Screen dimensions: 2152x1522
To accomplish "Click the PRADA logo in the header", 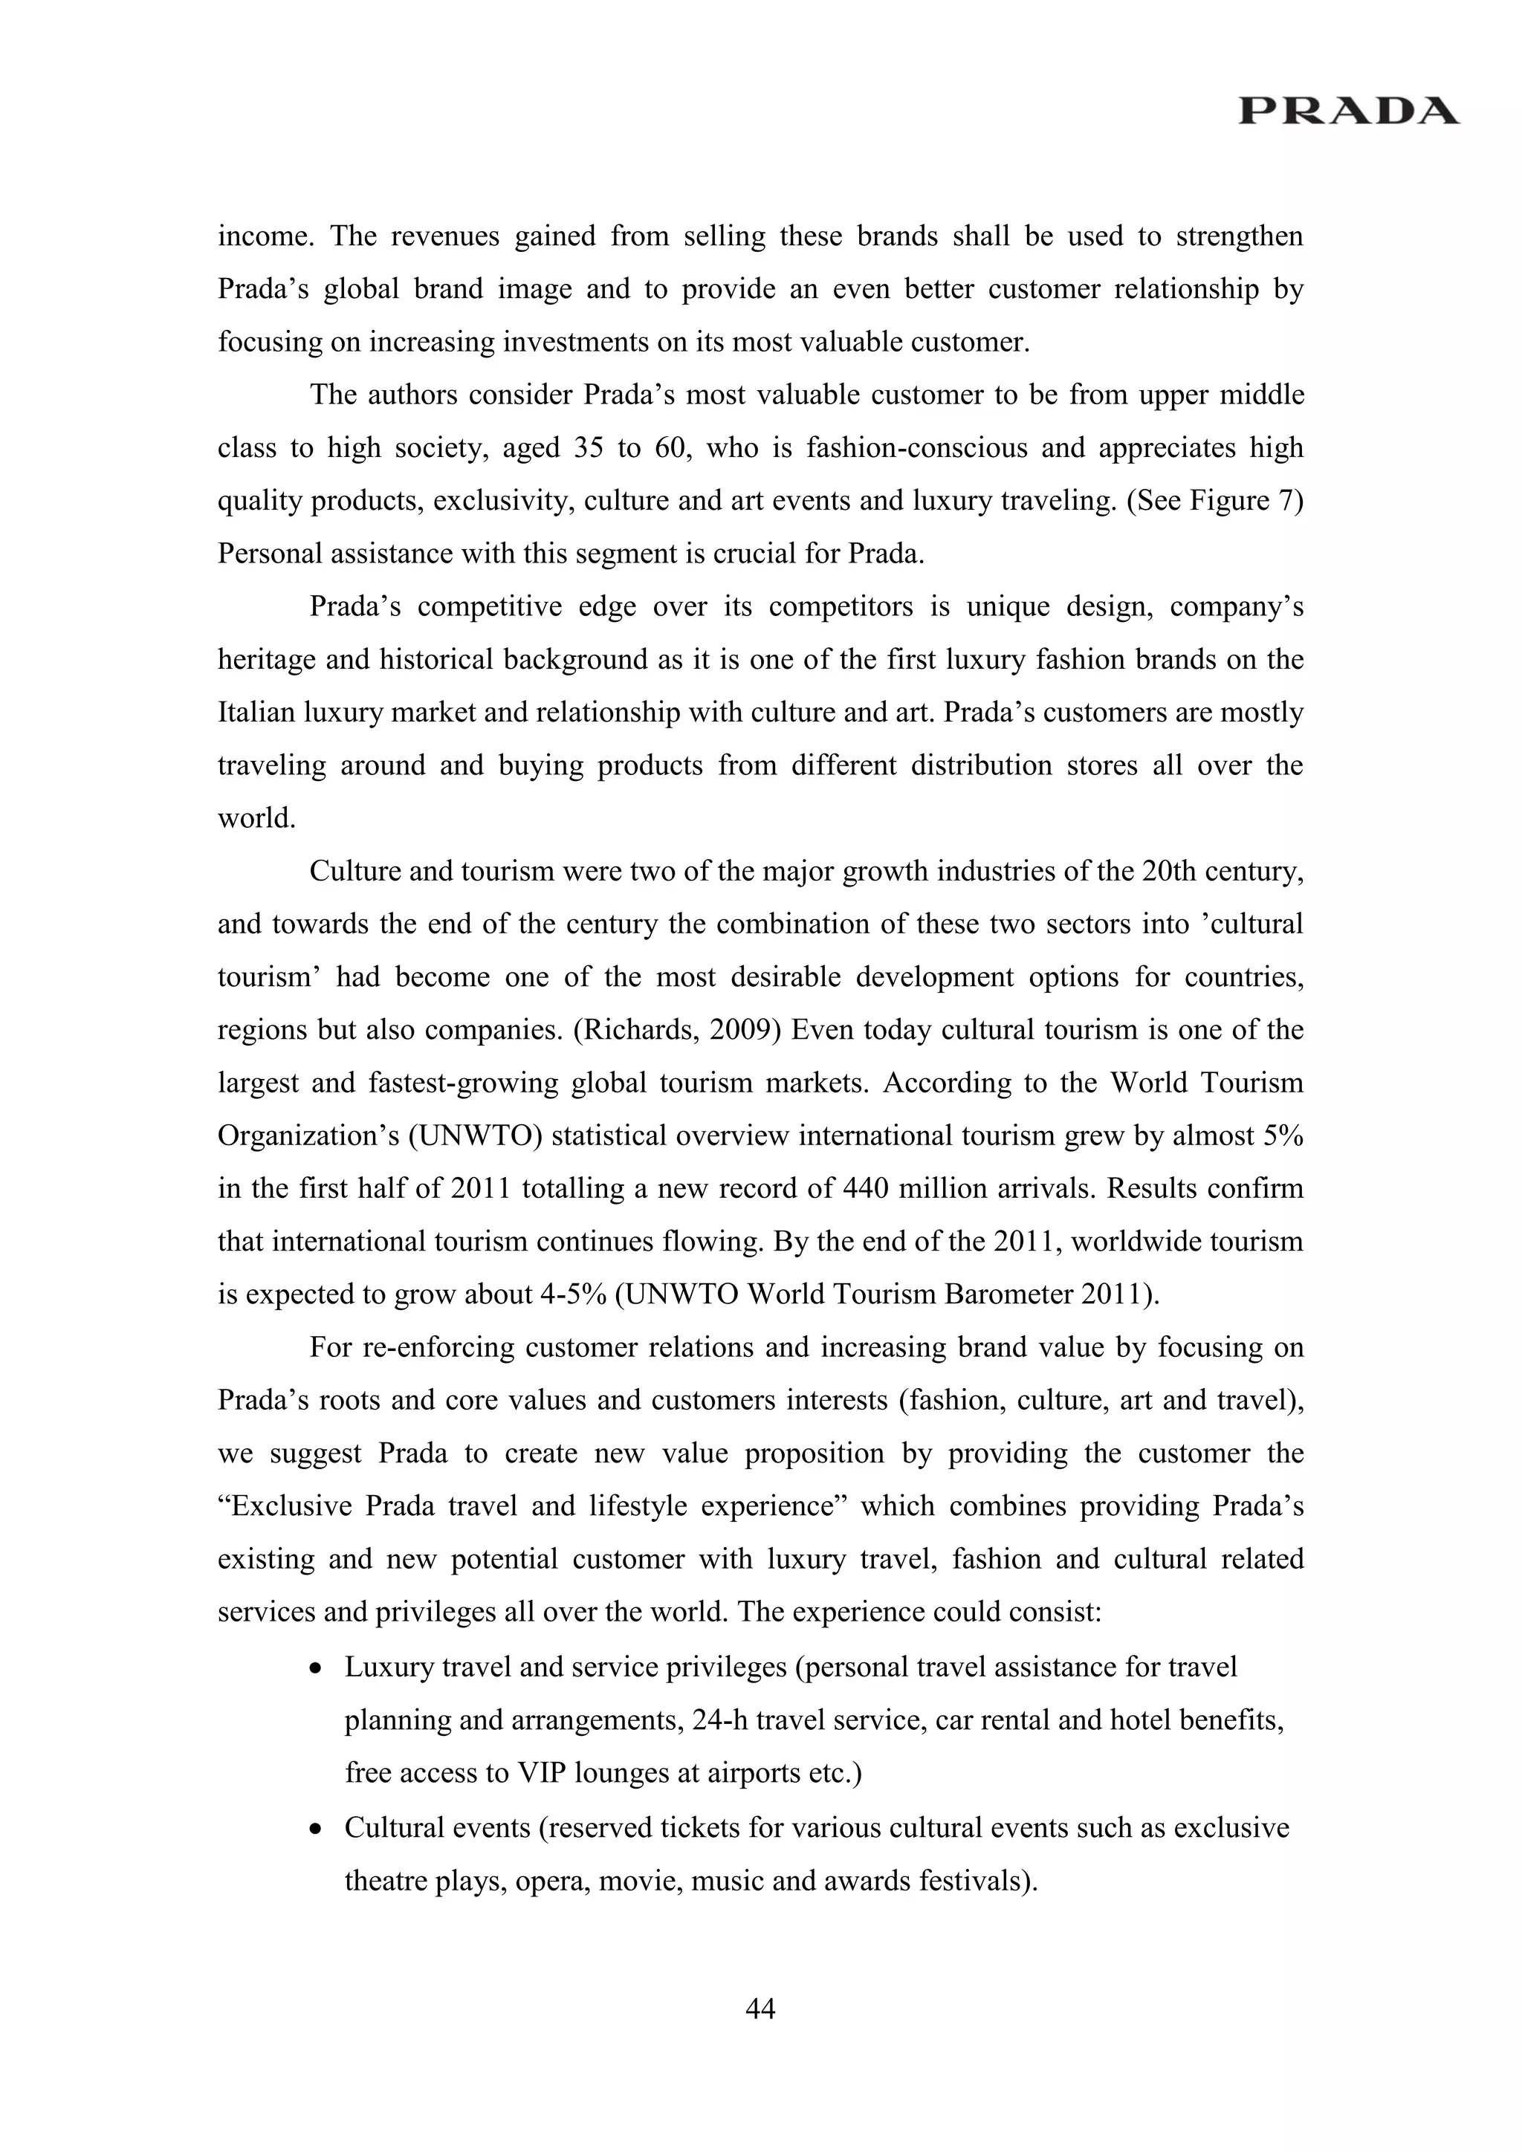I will point(1347,111).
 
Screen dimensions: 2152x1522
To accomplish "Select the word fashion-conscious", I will point(883,448).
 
